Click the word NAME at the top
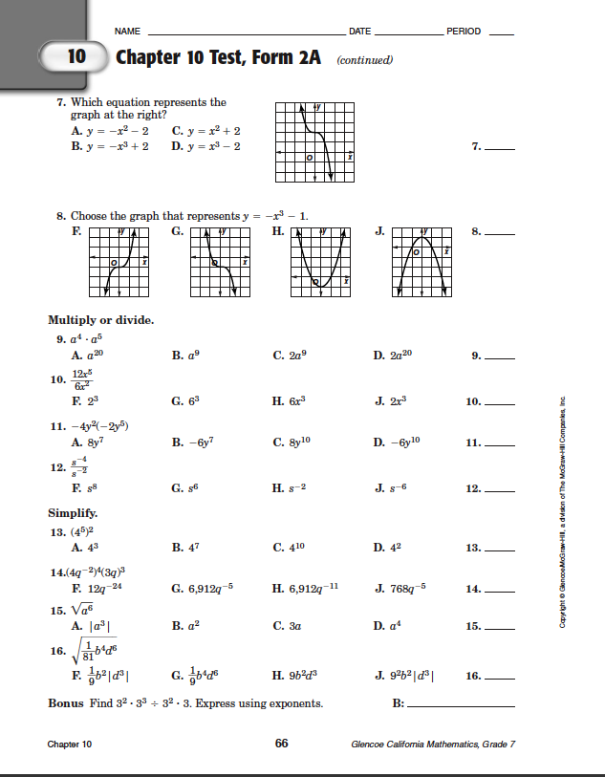coord(127,32)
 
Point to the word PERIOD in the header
coord(464,32)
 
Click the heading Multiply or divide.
coord(101,319)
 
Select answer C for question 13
coord(288,548)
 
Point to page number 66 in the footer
coord(282,744)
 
